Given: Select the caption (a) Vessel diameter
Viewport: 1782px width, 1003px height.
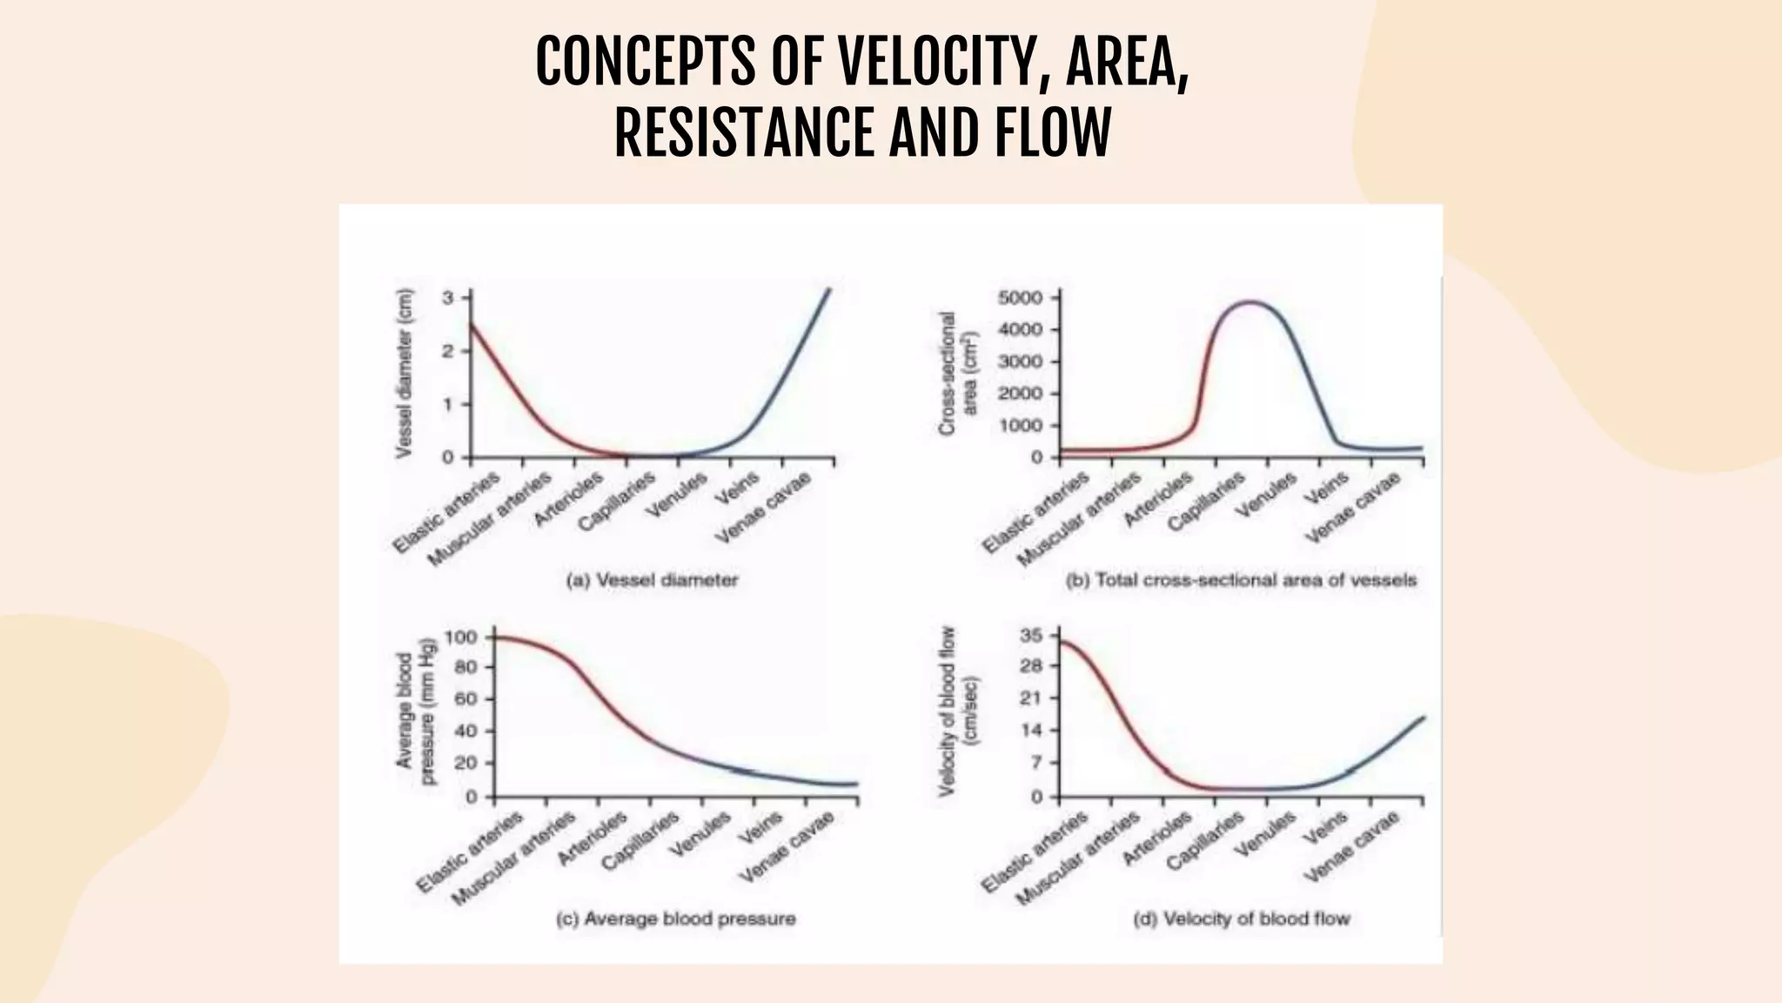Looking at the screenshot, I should [x=652, y=580].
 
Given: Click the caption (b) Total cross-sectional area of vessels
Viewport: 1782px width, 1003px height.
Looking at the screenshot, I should [x=1241, y=580].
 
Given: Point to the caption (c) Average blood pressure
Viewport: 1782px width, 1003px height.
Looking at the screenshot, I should [x=675, y=919].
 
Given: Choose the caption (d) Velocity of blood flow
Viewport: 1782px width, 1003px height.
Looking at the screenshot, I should [x=1242, y=919].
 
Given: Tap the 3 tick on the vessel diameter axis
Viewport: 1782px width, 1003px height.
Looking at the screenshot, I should [x=448, y=298].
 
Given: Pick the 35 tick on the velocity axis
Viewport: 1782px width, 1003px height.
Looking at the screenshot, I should [x=1030, y=636].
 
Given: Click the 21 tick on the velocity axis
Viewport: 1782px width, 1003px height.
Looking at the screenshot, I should [x=1030, y=699].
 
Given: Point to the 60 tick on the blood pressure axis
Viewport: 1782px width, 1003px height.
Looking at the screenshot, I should [x=466, y=700].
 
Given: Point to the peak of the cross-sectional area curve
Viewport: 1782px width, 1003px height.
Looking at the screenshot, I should [x=1250, y=302].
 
